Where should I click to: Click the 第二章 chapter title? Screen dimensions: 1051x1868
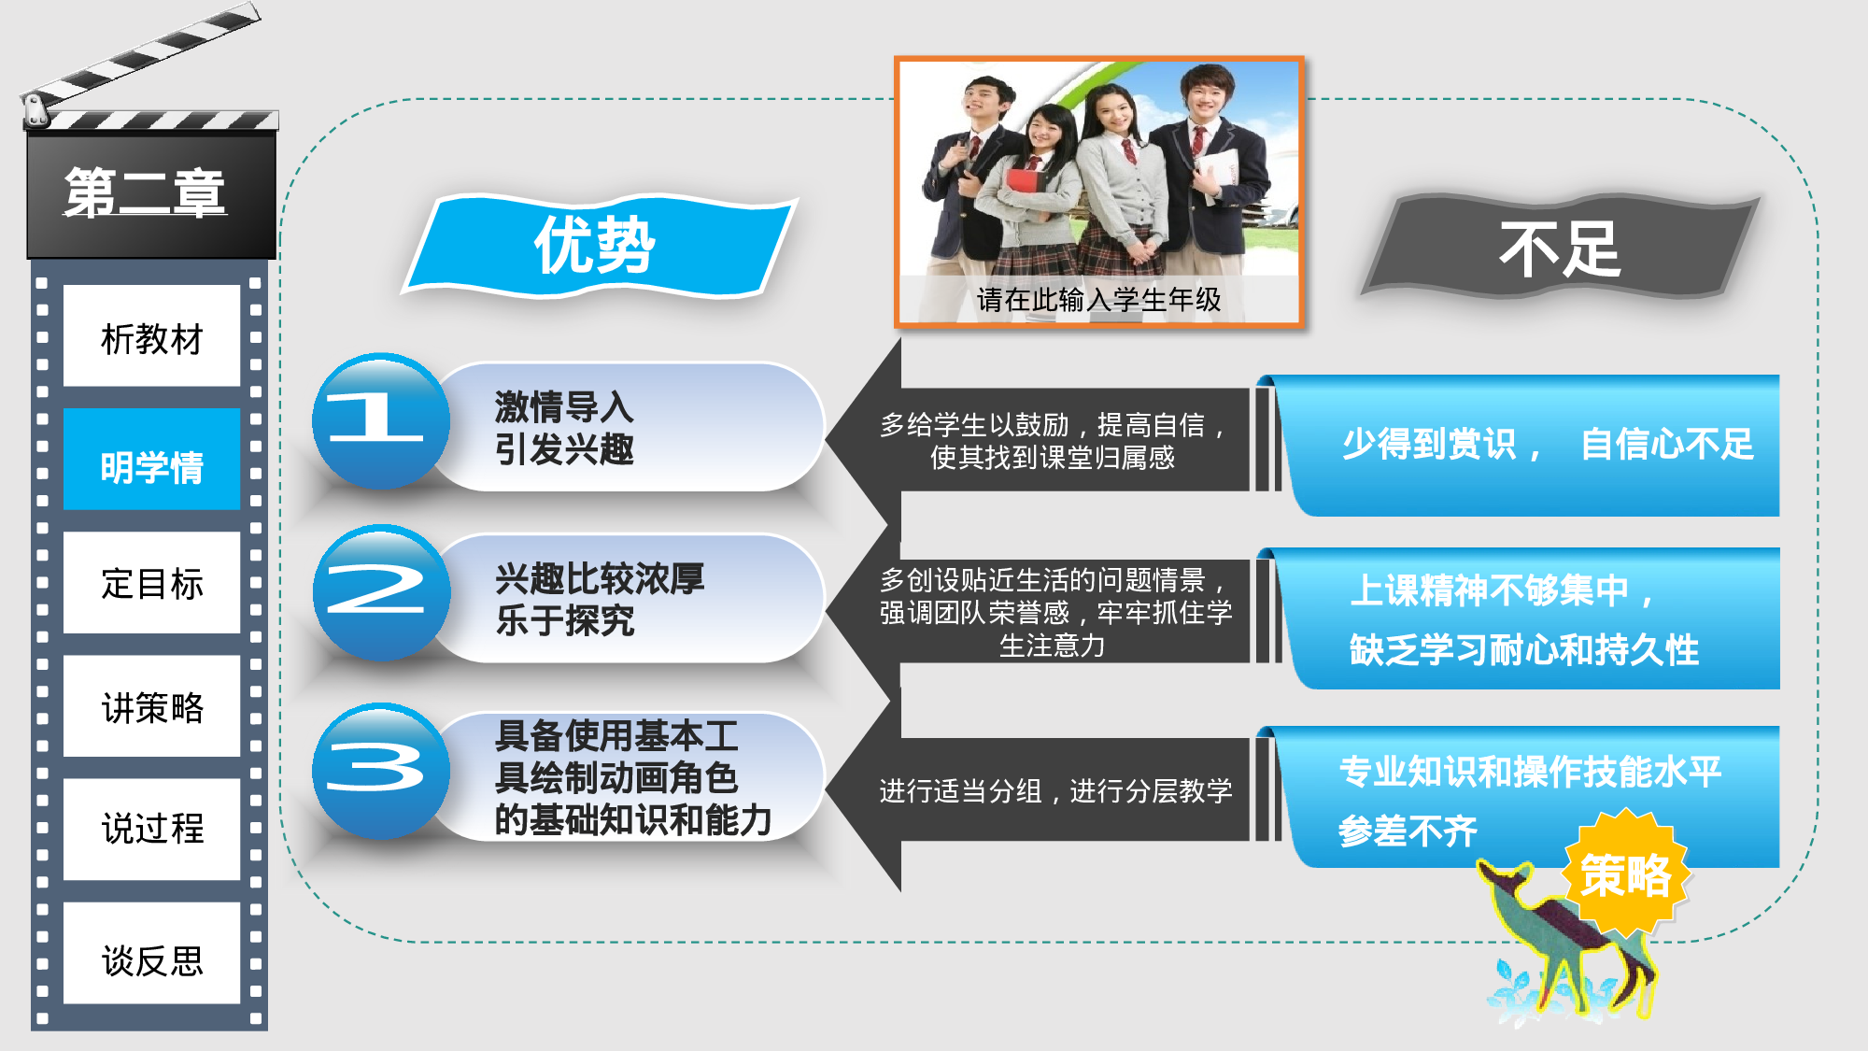[145, 193]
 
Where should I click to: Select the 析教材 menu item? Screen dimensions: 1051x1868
[151, 337]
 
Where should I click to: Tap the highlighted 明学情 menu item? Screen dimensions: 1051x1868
[151, 464]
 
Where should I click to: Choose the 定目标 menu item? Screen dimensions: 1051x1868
[151, 584]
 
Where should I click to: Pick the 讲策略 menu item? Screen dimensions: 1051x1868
[151, 707]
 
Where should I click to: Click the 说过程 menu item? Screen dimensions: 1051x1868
[151, 829]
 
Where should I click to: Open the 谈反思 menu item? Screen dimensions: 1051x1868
[151, 959]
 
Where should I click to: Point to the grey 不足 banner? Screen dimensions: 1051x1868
[1560, 249]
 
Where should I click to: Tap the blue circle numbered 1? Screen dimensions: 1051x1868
[379, 420]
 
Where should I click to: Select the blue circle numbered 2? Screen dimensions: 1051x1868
[379, 592]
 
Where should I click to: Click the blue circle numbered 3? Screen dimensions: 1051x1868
[379, 770]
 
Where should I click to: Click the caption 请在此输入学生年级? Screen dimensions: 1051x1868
[1098, 300]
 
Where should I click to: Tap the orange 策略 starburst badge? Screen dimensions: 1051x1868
[1626, 874]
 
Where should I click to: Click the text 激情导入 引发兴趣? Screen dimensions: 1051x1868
[564, 428]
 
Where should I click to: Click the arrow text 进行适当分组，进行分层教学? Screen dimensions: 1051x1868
[1055, 791]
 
